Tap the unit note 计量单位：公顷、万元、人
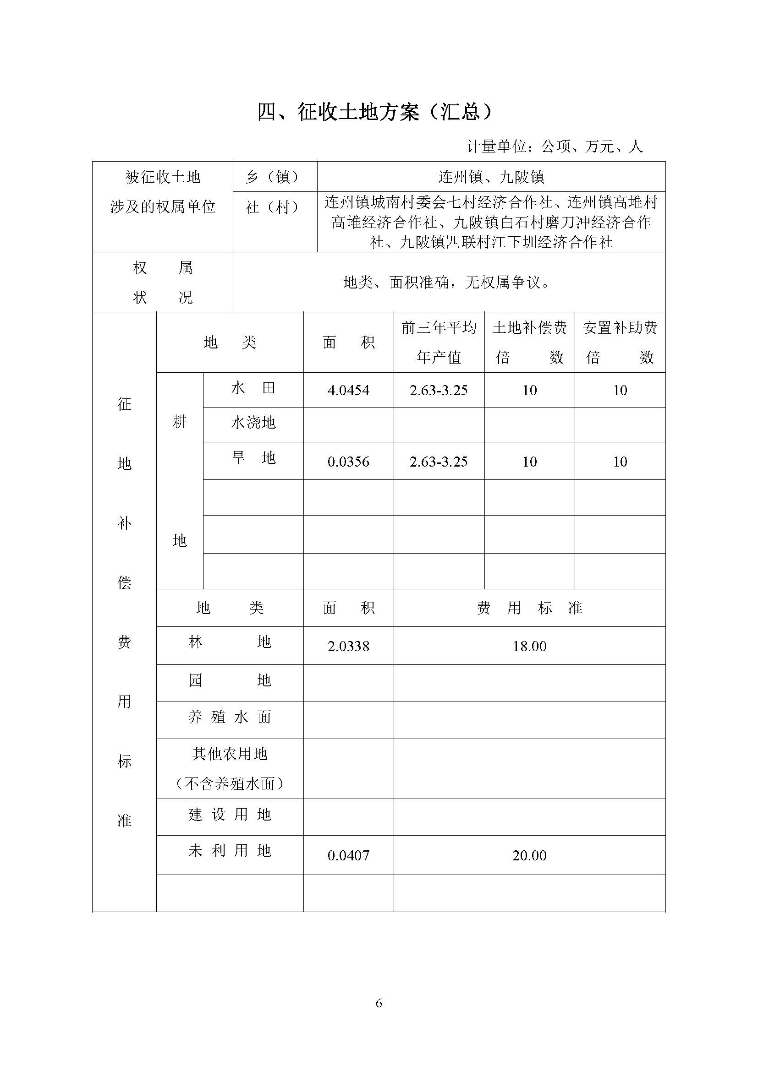[555, 147]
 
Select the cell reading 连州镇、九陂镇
[491, 177]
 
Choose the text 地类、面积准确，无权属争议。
[446, 282]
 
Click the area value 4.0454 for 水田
[348, 391]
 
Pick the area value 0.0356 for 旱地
[348, 462]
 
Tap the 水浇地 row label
[253, 423]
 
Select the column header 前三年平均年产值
[439, 343]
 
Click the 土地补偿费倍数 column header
[529, 343]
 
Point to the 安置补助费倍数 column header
[620, 343]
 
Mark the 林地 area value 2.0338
[348, 646]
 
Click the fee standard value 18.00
[529, 646]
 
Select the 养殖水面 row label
[230, 717]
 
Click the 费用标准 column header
[529, 608]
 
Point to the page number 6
[379, 1003]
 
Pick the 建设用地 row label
[230, 815]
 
